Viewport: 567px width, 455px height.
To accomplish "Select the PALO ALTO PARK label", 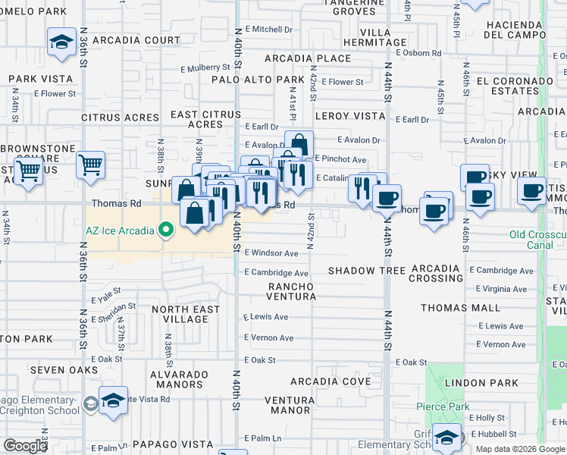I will point(258,80).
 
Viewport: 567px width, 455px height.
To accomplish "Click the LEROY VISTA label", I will point(350,117).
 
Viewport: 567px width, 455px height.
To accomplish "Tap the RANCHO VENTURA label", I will point(291,290).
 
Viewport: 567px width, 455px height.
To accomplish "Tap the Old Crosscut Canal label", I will point(537,240).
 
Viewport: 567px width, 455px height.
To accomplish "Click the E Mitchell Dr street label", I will point(268,30).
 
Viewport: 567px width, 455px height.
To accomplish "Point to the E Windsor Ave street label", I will point(271,253).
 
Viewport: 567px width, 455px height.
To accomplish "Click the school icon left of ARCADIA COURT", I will point(60,42).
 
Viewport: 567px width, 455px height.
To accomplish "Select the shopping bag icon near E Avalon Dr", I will point(299,145).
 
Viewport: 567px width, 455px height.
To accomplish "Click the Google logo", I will point(25,446).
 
